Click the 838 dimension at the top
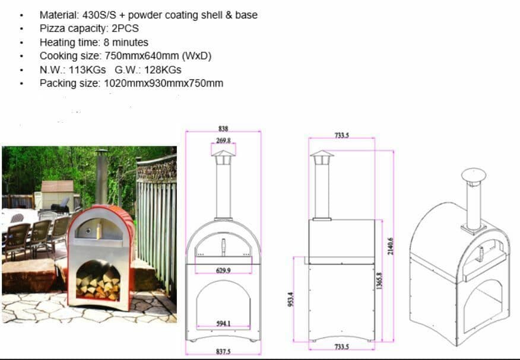[x=223, y=128]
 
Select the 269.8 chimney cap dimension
[x=223, y=141]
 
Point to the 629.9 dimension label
[x=223, y=270]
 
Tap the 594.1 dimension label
[x=223, y=323]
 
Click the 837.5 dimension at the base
[x=223, y=352]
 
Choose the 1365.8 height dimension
[x=379, y=281]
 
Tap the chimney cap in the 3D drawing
[x=474, y=176]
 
